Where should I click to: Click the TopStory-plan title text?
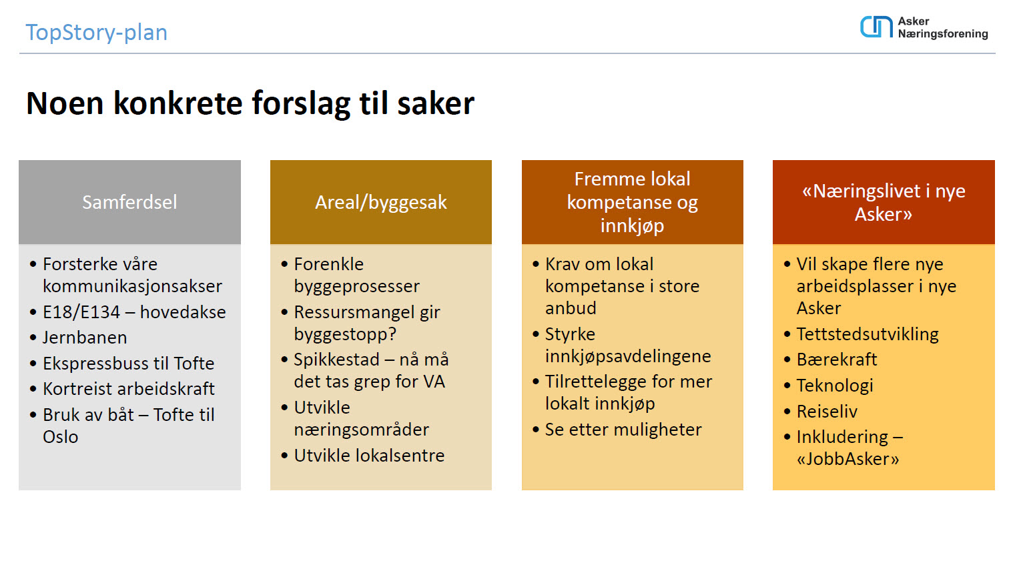tap(96, 33)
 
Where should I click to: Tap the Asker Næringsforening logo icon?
tap(876, 27)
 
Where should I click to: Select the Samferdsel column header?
tap(129, 202)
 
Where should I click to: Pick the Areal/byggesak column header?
tap(381, 202)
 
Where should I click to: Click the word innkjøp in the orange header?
tap(632, 225)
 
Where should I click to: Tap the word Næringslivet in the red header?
tap(862, 191)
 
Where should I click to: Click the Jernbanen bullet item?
tap(85, 338)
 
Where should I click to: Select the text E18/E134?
tap(81, 312)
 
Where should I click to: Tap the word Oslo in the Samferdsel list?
tap(61, 437)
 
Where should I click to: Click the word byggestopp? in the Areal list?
tap(345, 334)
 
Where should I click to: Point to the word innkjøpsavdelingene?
tap(628, 357)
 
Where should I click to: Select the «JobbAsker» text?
tap(848, 459)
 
